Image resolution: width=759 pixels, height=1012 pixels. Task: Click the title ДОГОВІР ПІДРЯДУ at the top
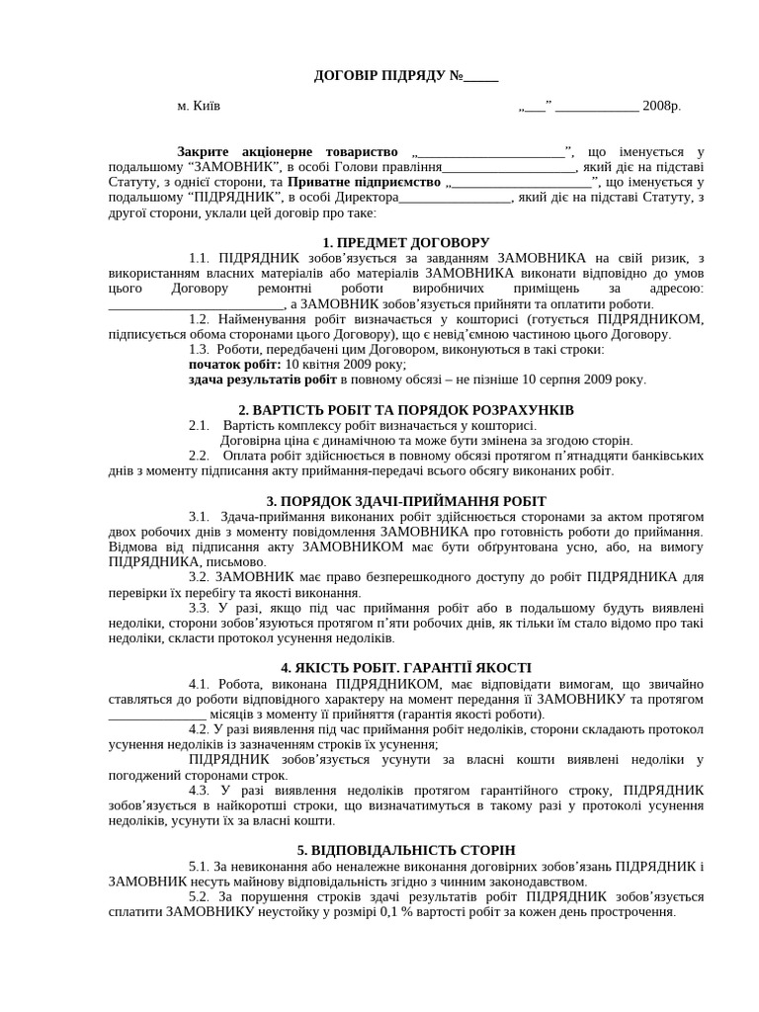point(380,76)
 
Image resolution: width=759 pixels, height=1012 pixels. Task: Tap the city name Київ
point(206,106)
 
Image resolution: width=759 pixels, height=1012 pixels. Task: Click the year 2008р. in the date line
point(661,106)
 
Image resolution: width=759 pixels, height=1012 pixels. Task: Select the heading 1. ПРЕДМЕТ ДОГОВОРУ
point(406,243)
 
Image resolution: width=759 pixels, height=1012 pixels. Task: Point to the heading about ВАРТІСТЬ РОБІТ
point(406,409)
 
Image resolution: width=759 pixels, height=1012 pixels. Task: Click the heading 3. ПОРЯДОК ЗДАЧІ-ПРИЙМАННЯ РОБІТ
point(406,501)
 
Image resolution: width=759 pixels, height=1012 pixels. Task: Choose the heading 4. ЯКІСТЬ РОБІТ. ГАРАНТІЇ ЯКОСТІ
point(406,667)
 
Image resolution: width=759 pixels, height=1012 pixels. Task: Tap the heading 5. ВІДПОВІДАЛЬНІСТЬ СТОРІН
point(406,850)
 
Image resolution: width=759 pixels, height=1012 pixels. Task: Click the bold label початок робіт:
point(234,364)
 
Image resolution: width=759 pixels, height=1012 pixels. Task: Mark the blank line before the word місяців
point(157,715)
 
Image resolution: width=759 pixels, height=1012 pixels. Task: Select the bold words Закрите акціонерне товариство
point(287,151)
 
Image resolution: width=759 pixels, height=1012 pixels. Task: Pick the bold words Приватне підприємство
point(367,183)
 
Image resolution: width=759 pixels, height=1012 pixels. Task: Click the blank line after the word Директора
point(456,199)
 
